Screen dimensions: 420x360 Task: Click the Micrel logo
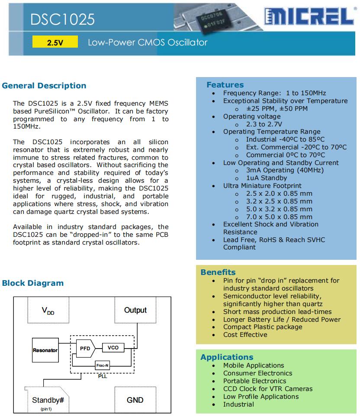click(x=310, y=17)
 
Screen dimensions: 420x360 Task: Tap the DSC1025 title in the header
click(x=63, y=19)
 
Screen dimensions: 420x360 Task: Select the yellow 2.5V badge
click(x=55, y=42)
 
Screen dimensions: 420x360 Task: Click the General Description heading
click(x=44, y=86)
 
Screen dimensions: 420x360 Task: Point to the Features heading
click(x=225, y=85)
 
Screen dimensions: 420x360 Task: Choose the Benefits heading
click(x=218, y=272)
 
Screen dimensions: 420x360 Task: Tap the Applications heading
click(x=227, y=357)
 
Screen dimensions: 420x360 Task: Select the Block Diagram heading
click(x=33, y=283)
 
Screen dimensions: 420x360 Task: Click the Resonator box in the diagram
click(x=45, y=350)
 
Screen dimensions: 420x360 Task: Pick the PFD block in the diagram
click(x=84, y=348)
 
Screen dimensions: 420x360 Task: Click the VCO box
click(x=112, y=348)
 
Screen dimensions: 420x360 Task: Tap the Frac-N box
click(x=102, y=366)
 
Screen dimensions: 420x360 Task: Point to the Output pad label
click(x=135, y=310)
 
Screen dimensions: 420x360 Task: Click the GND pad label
click(x=135, y=400)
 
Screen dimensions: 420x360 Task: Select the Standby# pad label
click(x=48, y=400)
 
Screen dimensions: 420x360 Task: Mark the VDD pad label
click(x=48, y=311)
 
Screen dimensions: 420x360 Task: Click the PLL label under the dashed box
click(x=102, y=376)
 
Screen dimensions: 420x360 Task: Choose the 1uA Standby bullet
click(x=266, y=178)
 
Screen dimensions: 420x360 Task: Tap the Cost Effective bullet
click(x=245, y=335)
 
